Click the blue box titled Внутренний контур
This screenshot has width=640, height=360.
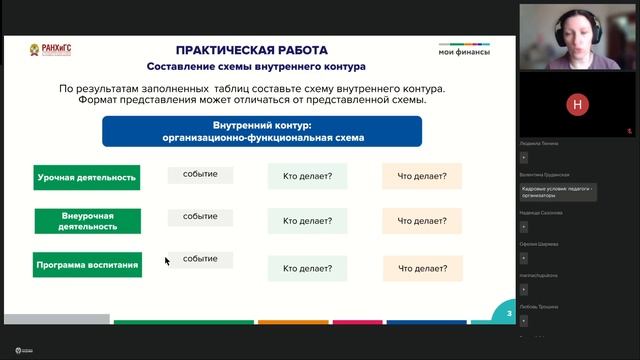[x=262, y=131]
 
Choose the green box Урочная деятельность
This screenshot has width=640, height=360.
[x=86, y=177]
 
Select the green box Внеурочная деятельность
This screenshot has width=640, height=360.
[x=86, y=221]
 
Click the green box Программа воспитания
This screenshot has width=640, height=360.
[x=86, y=265]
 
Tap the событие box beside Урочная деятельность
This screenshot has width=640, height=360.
[x=200, y=174]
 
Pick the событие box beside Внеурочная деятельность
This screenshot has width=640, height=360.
[x=200, y=216]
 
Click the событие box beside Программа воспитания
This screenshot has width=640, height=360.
[x=200, y=259]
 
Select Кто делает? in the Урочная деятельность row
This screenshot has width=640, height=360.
[x=307, y=177]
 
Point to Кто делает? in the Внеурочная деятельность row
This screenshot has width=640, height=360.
[x=307, y=221]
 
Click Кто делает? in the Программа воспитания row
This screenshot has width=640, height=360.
[x=307, y=268]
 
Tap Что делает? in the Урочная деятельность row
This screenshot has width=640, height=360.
[x=421, y=177]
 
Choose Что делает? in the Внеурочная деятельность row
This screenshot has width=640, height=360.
[x=421, y=221]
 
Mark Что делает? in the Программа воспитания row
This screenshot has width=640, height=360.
[x=421, y=268]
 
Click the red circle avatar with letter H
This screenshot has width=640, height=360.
[x=574, y=103]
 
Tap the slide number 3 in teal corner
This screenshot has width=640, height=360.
[x=509, y=314]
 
